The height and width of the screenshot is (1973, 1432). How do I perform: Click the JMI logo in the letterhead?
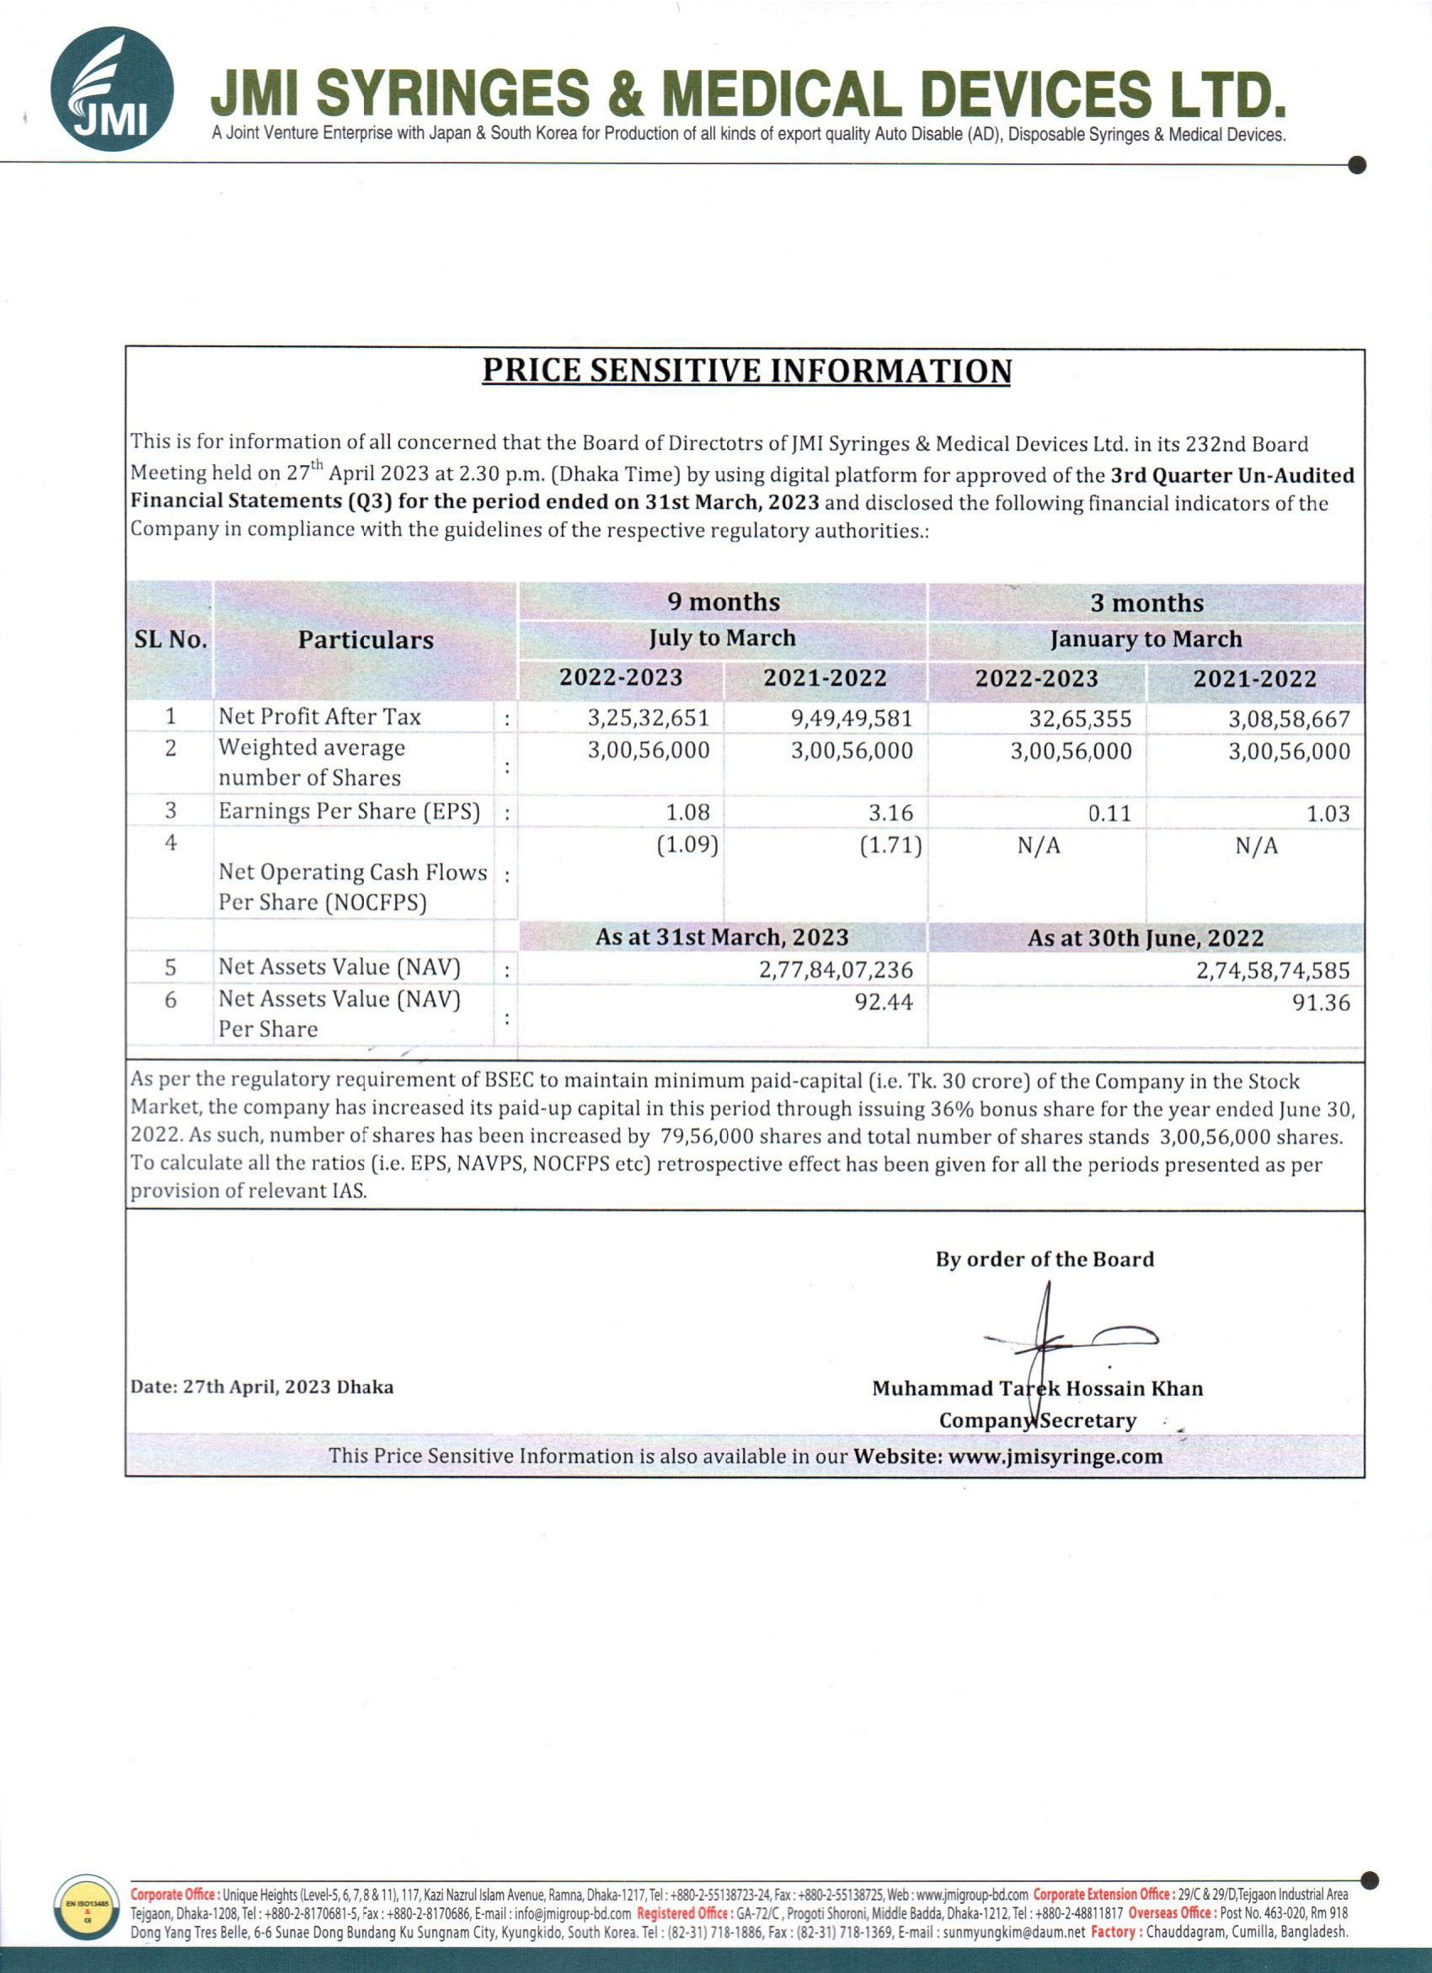111,89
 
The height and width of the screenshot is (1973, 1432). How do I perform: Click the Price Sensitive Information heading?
746,371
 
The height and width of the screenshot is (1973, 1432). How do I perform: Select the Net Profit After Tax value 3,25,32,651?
648,719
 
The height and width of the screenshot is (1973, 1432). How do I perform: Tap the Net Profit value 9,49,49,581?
852,719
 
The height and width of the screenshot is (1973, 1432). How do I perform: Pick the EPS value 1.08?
687,812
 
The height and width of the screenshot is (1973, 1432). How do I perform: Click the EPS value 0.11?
1109,814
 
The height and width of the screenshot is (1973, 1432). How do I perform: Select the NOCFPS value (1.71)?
891,846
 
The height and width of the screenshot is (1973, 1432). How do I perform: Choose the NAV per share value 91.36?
1321,1003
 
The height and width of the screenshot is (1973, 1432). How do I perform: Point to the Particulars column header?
366,640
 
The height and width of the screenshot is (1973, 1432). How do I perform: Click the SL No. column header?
170,640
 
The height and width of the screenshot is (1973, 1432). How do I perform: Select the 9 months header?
723,602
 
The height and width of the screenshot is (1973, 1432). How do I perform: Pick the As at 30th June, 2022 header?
1145,938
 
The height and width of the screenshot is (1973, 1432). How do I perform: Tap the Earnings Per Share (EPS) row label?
349,811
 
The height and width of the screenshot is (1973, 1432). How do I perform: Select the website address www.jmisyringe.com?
1055,1457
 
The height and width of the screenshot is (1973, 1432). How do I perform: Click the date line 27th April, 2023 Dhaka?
262,1388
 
